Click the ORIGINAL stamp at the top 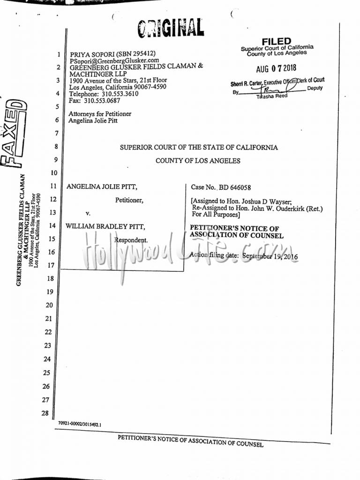coord(171,29)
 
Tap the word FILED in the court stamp coord(277,42)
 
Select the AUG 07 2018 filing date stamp coord(277,68)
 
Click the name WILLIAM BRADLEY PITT coord(105,226)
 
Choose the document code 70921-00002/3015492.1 coord(80,424)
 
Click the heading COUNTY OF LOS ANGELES coord(198,161)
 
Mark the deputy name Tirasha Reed coord(272,96)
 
